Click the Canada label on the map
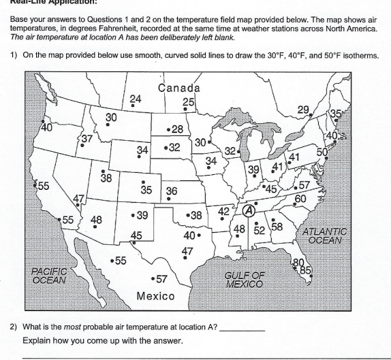point(178,88)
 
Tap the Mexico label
point(156,297)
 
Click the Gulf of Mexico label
point(243,278)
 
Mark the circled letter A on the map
point(249,211)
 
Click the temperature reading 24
point(136,99)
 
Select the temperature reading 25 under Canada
point(189,103)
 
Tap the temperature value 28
point(177,129)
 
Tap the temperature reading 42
point(224,211)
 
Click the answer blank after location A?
point(243,328)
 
